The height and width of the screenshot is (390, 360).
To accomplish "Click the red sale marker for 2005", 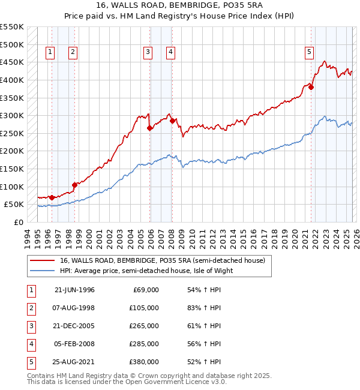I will click(150, 128).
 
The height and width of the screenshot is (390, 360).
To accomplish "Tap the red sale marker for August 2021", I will click(311, 87).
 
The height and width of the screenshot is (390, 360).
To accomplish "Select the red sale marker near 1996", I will click(52, 197).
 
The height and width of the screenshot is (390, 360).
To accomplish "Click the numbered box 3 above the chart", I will click(147, 53).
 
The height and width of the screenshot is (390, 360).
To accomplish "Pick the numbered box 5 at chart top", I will click(309, 53).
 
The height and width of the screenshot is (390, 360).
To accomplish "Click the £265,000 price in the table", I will click(144, 326).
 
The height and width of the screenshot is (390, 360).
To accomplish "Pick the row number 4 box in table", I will click(30, 344).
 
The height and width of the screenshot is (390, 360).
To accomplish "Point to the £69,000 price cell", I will click(146, 290).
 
